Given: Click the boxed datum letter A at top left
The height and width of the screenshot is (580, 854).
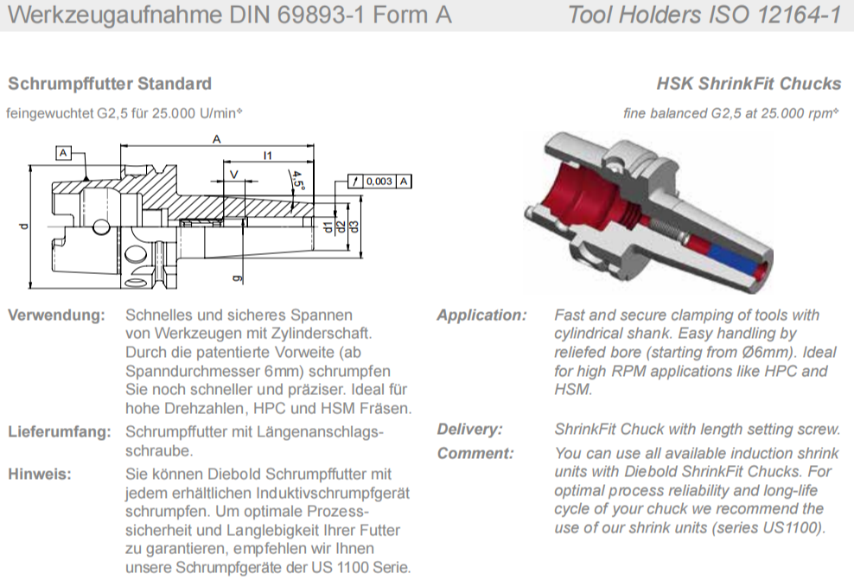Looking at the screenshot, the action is point(63,153).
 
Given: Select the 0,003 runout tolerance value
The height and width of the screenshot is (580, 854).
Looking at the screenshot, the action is point(379,182).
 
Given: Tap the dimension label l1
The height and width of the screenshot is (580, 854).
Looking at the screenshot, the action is point(267,156).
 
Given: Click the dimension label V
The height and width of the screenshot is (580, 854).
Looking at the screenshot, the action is point(234,175).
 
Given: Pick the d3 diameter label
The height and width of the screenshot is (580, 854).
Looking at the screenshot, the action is point(354,226).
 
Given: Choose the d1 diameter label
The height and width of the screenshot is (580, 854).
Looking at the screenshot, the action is point(328,226).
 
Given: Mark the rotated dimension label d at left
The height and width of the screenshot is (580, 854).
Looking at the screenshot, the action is point(22,226).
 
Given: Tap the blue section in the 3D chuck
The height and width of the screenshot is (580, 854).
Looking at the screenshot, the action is point(734,260).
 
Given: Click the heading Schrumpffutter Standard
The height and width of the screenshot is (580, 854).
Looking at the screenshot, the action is point(110,84).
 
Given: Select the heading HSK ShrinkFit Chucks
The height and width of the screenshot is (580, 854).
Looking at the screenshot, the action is point(749,84).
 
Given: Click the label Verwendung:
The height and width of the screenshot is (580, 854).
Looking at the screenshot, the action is point(57,315).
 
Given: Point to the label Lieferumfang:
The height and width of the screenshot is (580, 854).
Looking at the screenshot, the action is point(60,432).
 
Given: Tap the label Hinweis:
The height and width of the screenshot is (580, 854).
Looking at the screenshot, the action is point(39,474).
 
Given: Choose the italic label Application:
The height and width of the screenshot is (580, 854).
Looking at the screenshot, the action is point(482,315).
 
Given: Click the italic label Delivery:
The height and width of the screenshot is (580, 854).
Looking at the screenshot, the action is point(469,429).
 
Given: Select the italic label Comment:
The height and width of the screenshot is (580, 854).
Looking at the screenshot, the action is point(475,453).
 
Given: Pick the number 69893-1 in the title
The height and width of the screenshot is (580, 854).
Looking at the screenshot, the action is point(321,15).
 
